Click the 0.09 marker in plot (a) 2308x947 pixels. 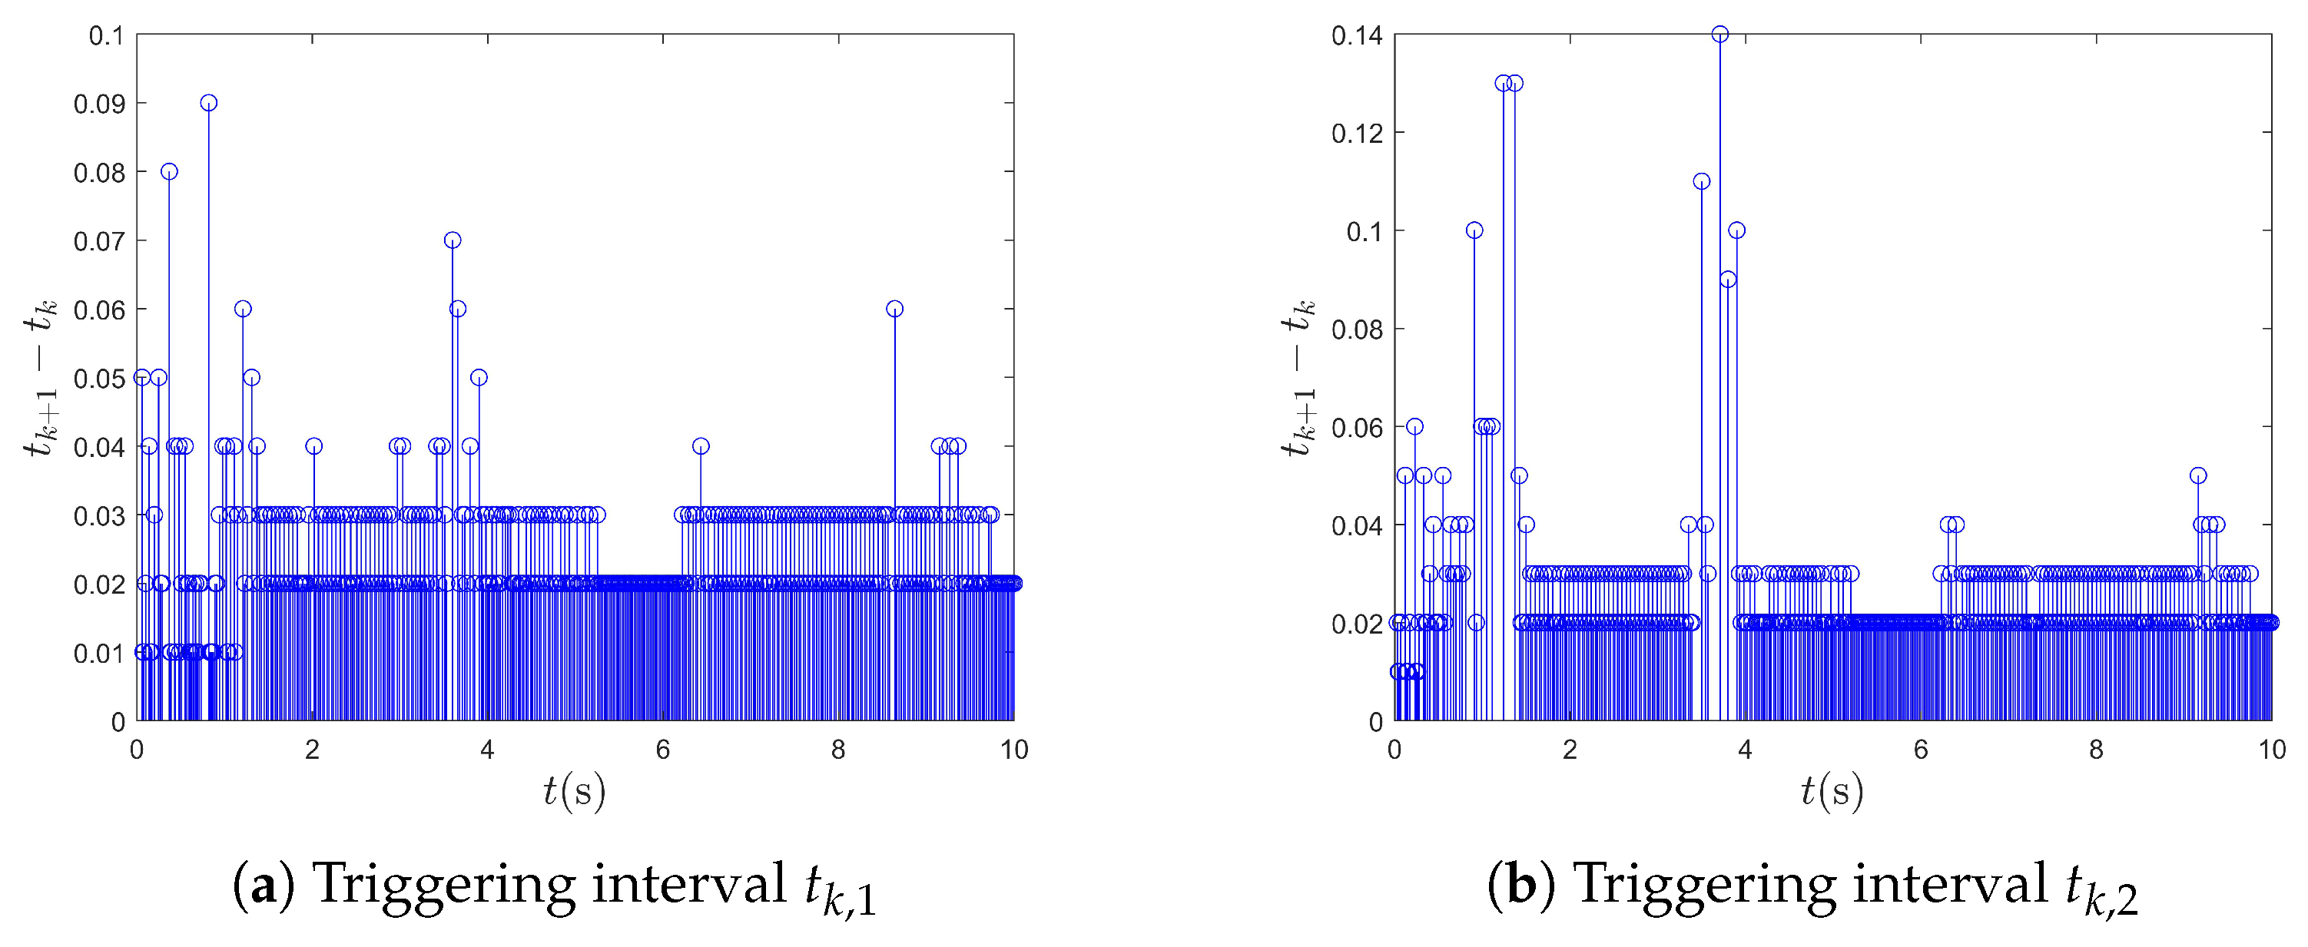pyautogui.click(x=209, y=103)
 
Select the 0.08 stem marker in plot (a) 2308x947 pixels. pyautogui.click(x=169, y=172)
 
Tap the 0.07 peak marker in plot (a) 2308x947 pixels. pyautogui.click(x=453, y=240)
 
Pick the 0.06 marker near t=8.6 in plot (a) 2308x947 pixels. pyautogui.click(x=894, y=309)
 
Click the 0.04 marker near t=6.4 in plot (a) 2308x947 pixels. pyautogui.click(x=701, y=446)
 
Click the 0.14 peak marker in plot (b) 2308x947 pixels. pyautogui.click(x=1719, y=35)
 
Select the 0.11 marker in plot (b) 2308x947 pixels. pyautogui.click(x=1702, y=182)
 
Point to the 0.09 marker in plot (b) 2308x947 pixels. pyautogui.click(x=1729, y=280)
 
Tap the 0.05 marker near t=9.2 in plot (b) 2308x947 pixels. pyautogui.click(x=2198, y=475)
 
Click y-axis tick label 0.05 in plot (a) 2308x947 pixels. pyautogui.click(x=98, y=378)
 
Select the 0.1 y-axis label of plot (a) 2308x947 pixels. pyautogui.click(x=106, y=36)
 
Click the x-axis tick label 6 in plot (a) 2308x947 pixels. pyautogui.click(x=662, y=750)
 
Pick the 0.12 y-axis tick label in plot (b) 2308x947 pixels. pyautogui.click(x=1357, y=134)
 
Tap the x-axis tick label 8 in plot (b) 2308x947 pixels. pyautogui.click(x=2096, y=750)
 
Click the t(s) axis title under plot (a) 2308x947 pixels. pyautogui.click(x=575, y=791)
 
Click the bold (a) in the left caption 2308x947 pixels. pyautogui.click(x=264, y=886)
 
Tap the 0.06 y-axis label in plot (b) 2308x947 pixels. pyautogui.click(x=1357, y=427)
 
